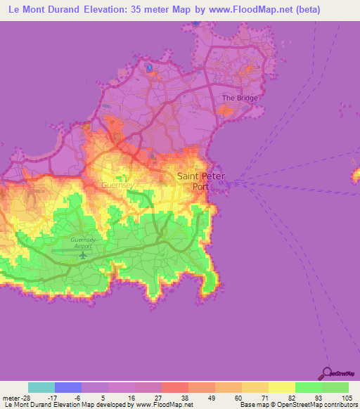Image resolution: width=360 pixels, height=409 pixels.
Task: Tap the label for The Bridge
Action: tap(240, 98)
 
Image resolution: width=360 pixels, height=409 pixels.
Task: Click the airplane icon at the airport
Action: tap(84, 254)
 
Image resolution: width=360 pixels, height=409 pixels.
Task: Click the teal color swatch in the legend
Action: tap(41, 387)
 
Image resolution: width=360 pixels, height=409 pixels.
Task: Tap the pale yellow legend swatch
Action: tap(281, 387)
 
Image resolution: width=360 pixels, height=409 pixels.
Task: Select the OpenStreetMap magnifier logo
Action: tap(328, 373)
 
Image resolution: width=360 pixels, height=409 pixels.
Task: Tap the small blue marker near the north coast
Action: tap(150, 69)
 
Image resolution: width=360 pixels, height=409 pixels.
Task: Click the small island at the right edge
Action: tap(356, 173)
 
